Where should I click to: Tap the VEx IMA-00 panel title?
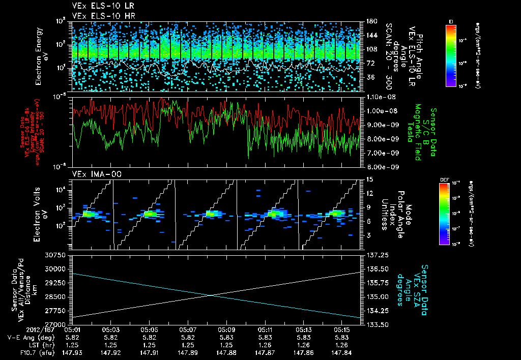[x=92, y=174]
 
